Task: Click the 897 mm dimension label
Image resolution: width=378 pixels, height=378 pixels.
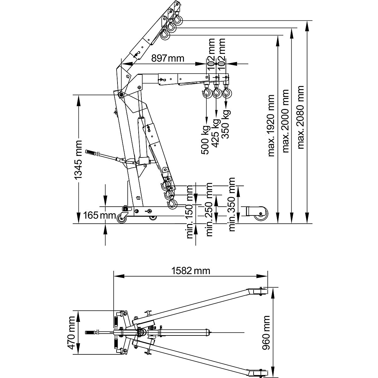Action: (167, 58)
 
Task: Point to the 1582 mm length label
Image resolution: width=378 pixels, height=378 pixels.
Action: (190, 271)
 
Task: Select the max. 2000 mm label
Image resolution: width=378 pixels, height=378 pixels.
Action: (286, 122)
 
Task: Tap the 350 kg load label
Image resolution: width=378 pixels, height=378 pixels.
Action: (226, 124)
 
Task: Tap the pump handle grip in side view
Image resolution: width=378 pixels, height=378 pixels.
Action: (91, 153)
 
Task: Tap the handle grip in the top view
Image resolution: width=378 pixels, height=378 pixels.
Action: (92, 332)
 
